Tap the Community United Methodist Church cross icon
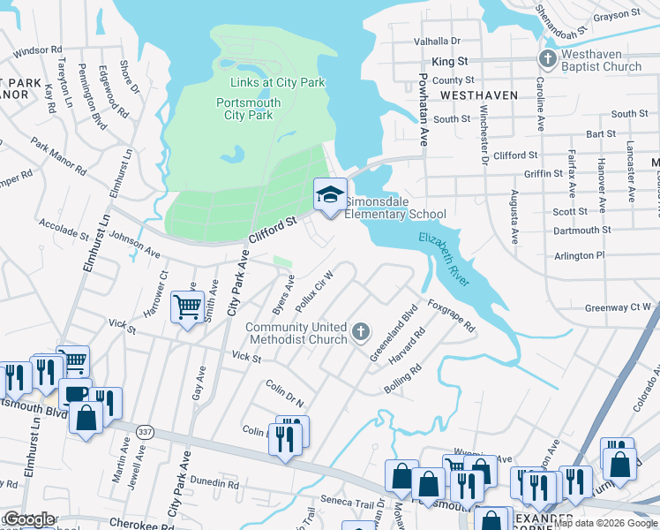[360, 332]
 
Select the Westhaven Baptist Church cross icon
[547, 60]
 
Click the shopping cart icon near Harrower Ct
[187, 307]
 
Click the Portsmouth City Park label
[248, 109]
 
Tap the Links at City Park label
[277, 82]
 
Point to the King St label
[449, 62]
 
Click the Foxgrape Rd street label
[451, 314]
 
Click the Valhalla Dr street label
[438, 41]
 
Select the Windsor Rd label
[38, 51]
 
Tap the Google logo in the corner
[29, 520]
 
